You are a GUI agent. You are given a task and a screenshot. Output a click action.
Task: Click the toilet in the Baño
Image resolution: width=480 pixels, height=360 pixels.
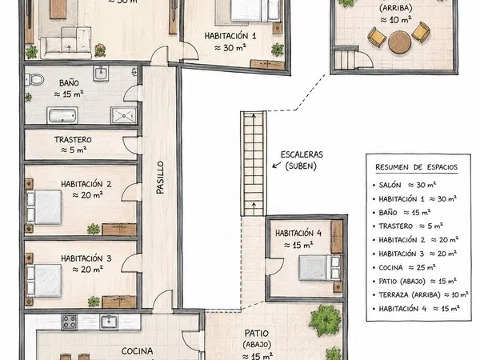coord(34,79)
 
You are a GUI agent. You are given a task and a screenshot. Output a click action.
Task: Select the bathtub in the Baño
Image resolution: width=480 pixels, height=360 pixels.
coord(62,115)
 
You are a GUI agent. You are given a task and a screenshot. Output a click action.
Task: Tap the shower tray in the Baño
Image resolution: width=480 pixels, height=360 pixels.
coord(124,115)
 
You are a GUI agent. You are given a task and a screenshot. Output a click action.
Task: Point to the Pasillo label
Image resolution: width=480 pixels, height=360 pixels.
coord(160,178)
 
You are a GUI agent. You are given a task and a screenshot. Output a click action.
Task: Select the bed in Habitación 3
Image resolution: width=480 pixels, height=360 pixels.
coord(44,281)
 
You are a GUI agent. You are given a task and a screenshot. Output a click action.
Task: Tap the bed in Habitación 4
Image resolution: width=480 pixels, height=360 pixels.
coord(319,268)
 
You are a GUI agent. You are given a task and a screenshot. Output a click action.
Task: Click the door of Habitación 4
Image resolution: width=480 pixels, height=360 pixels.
coord(275,266)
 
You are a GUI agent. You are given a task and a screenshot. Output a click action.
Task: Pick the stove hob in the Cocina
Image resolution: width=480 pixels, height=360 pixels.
coord(70,322)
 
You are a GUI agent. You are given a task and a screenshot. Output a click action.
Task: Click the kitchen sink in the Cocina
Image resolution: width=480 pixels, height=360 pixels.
coord(109,322)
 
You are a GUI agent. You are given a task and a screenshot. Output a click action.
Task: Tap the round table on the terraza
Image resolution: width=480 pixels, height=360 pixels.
coord(399,42)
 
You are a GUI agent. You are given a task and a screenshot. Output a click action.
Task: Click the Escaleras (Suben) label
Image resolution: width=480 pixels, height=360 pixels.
coord(302,160)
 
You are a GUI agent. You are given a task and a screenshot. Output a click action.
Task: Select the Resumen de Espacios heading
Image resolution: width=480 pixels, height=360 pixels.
coord(417,167)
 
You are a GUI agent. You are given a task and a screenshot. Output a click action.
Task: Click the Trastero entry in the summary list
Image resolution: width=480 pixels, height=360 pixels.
coord(411,226)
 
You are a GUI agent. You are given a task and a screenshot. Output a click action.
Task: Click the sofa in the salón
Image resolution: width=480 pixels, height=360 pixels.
coord(66,43)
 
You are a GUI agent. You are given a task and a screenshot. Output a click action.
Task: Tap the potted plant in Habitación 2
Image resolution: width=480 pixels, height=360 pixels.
coord(94,229)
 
